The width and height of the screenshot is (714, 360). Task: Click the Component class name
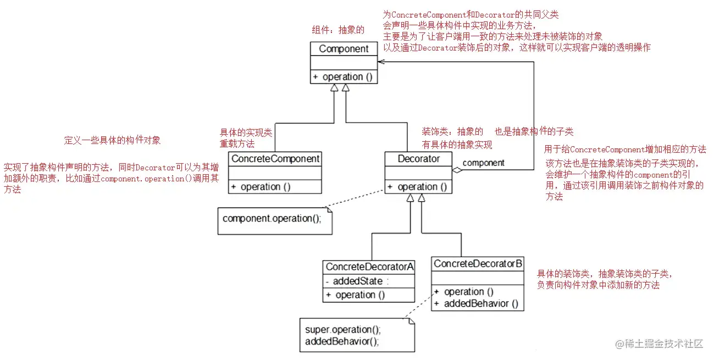click(344, 49)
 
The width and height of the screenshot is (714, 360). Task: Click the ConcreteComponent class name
click(275, 159)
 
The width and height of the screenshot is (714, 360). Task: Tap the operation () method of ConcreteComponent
click(261, 187)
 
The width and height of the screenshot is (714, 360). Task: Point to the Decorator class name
click(419, 159)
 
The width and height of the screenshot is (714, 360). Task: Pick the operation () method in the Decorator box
click(417, 187)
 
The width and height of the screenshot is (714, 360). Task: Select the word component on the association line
click(484, 163)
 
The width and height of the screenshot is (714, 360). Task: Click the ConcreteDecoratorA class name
click(369, 267)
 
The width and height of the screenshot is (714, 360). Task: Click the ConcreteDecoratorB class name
click(478, 264)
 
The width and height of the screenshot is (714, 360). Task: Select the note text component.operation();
click(272, 218)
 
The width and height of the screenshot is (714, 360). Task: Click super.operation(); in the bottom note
click(342, 330)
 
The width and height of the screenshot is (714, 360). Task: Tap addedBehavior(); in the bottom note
click(342, 341)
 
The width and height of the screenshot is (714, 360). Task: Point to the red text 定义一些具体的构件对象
click(113, 140)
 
